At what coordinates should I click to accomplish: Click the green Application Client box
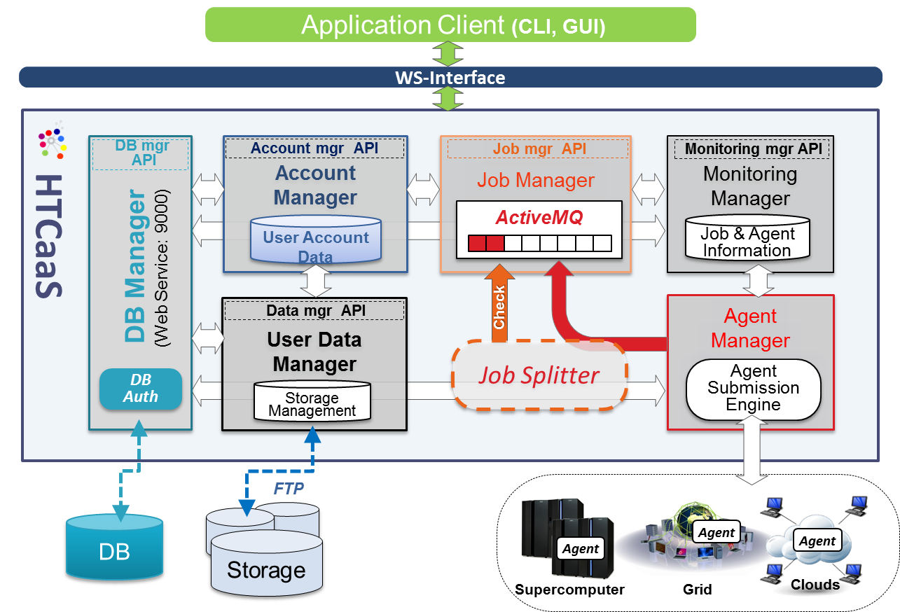450,25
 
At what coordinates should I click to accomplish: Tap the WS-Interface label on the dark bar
450,78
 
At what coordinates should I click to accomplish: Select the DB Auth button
141,389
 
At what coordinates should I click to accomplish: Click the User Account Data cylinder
316,239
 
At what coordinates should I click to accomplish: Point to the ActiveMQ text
539,217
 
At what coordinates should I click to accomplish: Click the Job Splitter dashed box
539,375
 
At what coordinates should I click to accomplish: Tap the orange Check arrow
499,303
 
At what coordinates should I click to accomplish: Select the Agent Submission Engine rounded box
753,388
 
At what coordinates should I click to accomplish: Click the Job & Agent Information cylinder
747,239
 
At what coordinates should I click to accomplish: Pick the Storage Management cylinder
312,401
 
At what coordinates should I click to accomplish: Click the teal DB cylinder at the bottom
114,547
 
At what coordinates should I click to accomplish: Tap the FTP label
288,488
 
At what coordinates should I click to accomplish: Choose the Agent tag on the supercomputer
581,548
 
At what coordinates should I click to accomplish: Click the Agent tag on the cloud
817,541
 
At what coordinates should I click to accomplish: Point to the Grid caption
698,589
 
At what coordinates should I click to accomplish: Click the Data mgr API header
315,310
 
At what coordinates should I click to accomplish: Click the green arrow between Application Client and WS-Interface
448,54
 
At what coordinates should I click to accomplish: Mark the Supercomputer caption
569,589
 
